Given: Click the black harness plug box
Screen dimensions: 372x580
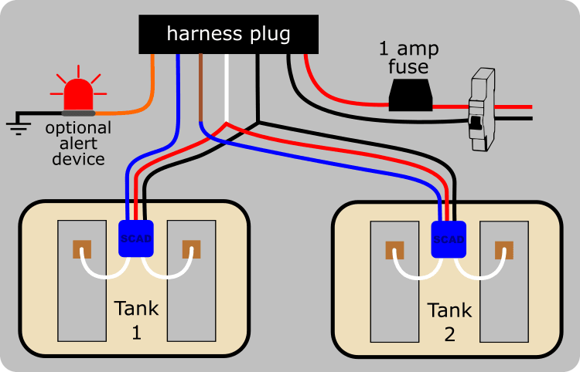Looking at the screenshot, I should coord(229,34).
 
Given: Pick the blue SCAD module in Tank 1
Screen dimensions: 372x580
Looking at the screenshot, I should coord(135,239).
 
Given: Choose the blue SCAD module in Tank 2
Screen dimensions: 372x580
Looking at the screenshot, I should coord(449,239).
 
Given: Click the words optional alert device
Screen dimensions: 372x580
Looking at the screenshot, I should coord(78,143).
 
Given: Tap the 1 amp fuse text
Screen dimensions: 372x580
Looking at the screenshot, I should coord(408,58).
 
